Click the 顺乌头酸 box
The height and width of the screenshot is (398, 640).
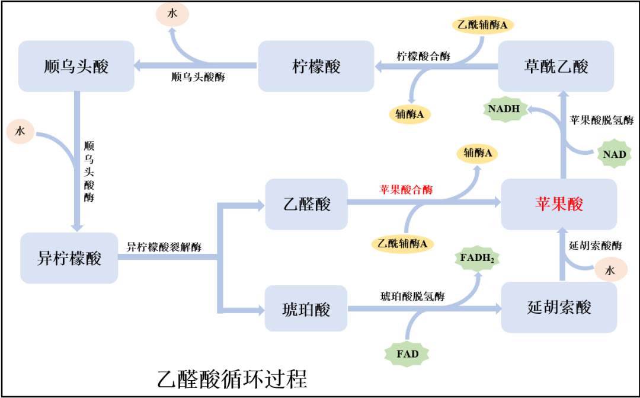(76, 66)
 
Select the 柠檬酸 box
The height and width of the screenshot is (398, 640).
(317, 66)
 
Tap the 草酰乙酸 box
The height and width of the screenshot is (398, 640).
(556, 66)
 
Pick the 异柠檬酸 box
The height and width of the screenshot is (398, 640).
(69, 258)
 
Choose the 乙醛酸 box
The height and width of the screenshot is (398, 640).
(306, 204)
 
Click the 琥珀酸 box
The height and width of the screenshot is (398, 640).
(306, 308)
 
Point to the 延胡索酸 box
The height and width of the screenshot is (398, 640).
(559, 307)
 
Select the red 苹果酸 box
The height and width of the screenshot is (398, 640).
(559, 204)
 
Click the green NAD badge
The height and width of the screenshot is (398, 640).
(615, 154)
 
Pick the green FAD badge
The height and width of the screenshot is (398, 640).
(407, 354)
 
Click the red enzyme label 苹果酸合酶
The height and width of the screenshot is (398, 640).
(406, 190)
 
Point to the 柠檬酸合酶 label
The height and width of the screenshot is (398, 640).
(423, 57)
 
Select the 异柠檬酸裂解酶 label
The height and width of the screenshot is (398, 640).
(164, 247)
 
